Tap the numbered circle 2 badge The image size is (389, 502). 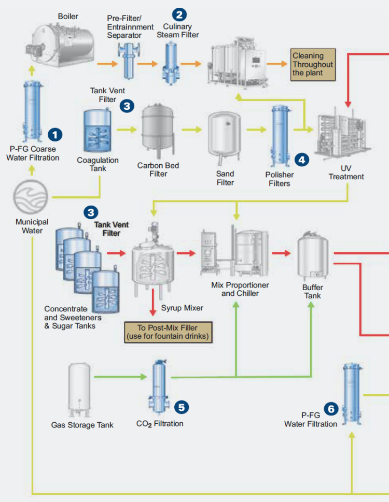180,15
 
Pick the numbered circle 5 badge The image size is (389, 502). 181,407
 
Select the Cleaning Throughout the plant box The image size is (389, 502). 313,64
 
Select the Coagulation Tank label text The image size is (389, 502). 98,164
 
